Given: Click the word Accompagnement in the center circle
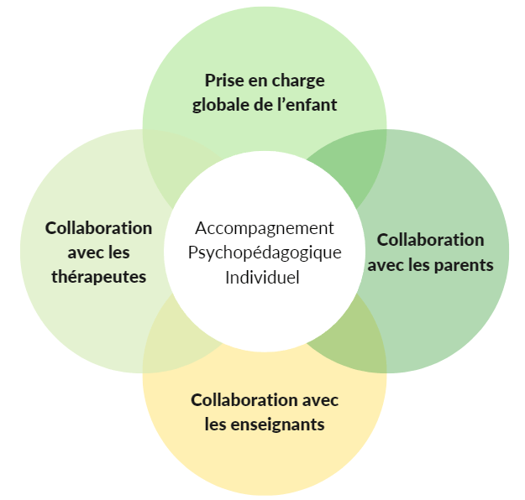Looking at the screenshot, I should (265, 228).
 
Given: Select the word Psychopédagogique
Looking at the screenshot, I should (265, 253).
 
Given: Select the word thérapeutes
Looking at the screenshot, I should (98, 277).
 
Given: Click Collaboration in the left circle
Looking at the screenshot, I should (98, 228).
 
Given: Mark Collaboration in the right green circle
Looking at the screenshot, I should (430, 240).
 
